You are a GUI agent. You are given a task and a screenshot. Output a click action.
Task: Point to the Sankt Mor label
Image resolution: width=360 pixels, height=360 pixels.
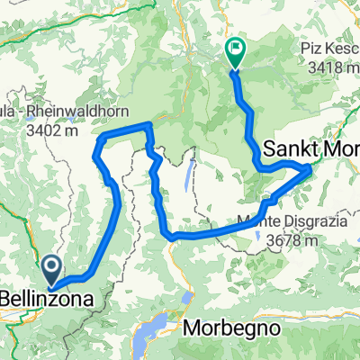tap(310, 148)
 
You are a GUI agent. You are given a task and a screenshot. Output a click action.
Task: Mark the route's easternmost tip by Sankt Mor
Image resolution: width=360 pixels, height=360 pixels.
tap(311, 166)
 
